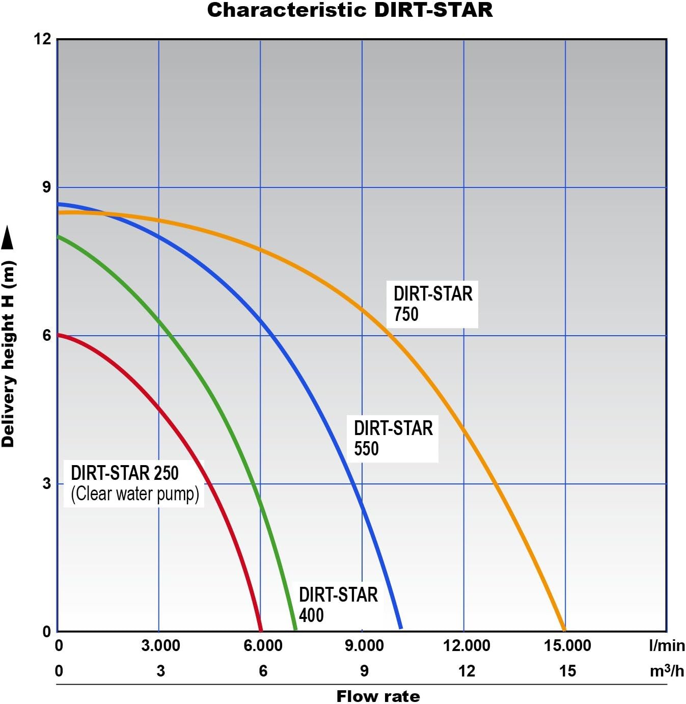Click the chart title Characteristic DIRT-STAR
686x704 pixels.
(x=350, y=11)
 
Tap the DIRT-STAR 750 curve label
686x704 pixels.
(x=432, y=304)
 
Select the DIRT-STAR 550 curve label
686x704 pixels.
(x=393, y=438)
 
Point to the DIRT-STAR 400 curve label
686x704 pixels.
(x=338, y=605)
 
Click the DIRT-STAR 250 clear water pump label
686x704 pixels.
(x=134, y=483)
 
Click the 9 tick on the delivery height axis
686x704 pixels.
(x=46, y=187)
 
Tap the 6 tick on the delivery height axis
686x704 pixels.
(x=46, y=336)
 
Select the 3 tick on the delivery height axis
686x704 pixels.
(x=46, y=483)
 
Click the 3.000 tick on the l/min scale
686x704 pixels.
(x=160, y=646)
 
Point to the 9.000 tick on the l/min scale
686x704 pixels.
(x=364, y=646)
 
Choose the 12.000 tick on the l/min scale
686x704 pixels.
(x=467, y=646)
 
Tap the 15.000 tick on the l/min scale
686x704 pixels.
(x=567, y=646)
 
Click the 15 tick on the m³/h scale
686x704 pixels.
(x=567, y=671)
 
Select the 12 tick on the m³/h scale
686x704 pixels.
(x=467, y=671)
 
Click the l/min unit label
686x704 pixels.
(x=667, y=646)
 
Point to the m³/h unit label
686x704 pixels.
(x=667, y=671)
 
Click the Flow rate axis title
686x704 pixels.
(x=378, y=696)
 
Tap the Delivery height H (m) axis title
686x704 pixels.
(x=8, y=354)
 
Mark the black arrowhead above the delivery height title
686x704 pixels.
(x=8, y=238)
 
